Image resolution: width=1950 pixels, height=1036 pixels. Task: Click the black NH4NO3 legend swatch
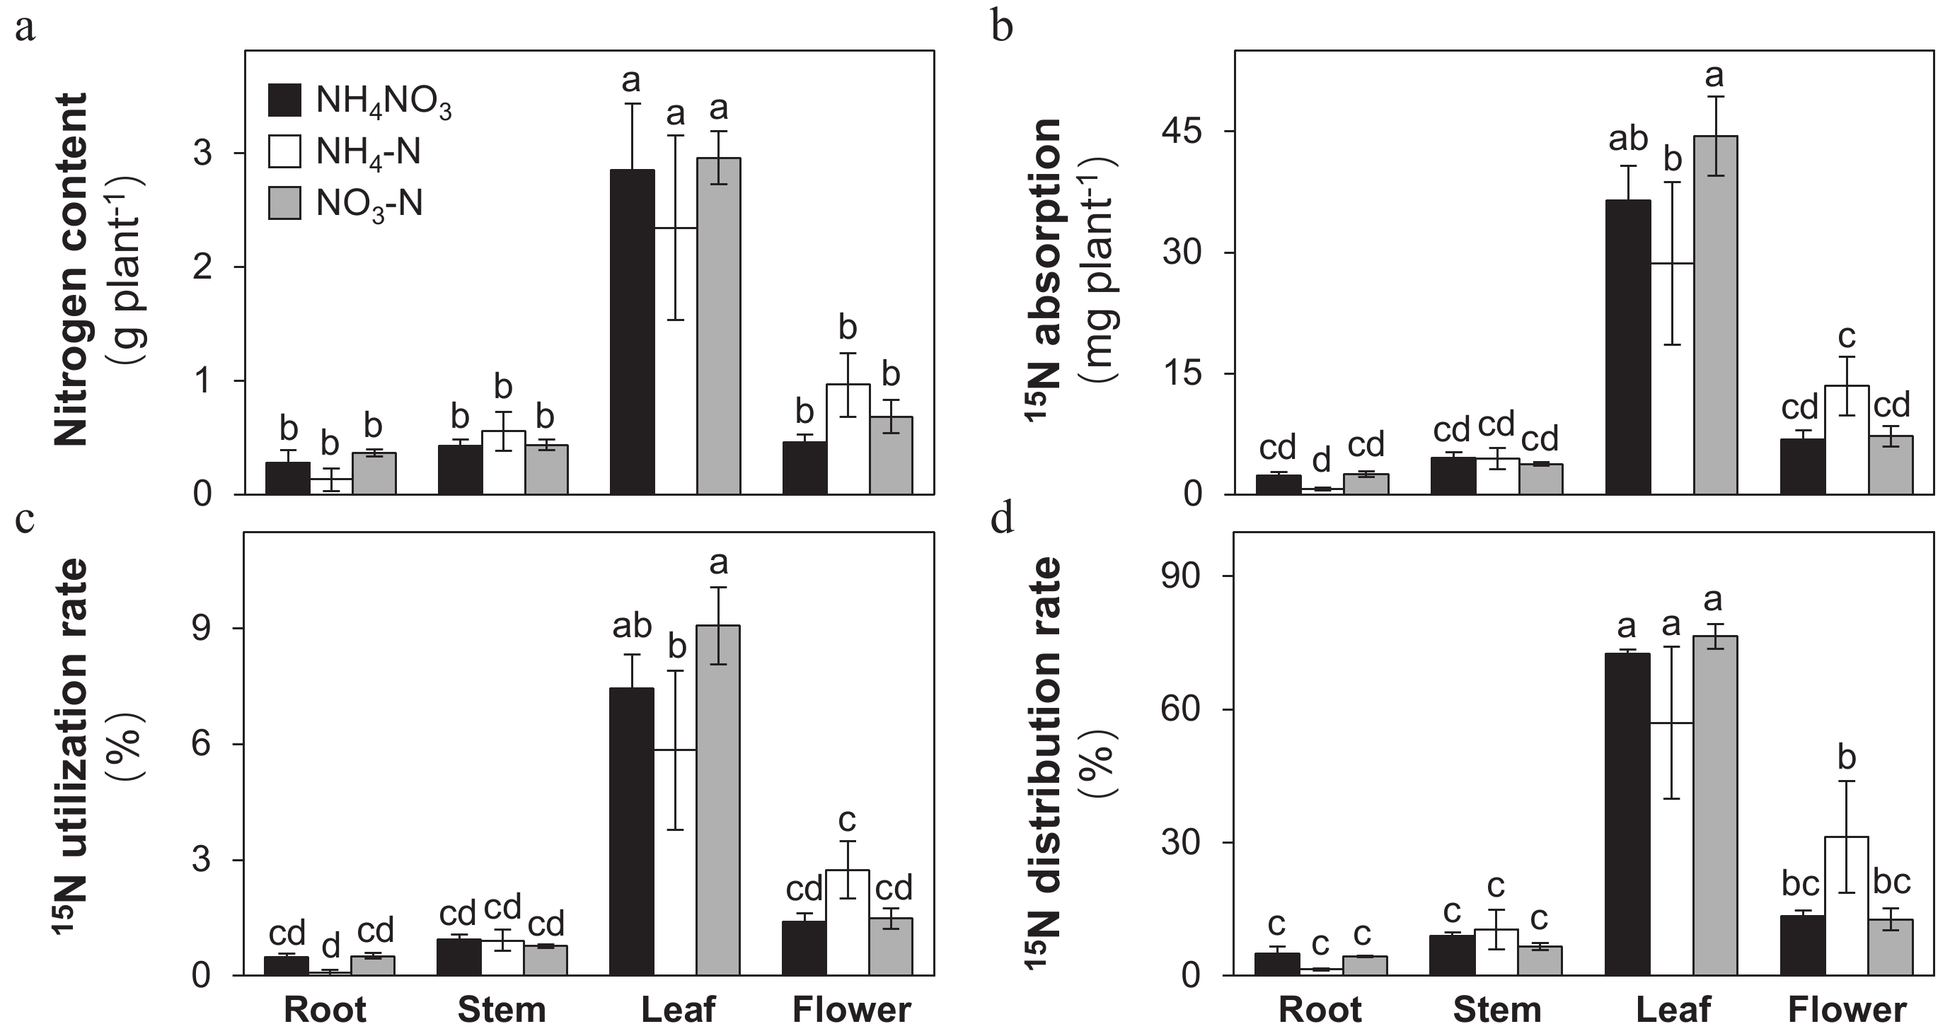(284, 100)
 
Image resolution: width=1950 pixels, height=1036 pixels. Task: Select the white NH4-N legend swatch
(284, 151)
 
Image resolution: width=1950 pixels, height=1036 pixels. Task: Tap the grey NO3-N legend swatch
(284, 203)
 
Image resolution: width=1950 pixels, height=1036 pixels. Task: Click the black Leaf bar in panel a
(632, 333)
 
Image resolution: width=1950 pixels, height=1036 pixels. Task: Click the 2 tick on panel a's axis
(203, 267)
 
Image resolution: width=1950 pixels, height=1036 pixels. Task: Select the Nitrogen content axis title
(72, 269)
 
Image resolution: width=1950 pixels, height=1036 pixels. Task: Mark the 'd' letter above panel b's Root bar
(1321, 460)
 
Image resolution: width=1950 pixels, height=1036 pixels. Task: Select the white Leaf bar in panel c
(675, 863)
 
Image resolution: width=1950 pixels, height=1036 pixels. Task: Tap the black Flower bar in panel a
(804, 467)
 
